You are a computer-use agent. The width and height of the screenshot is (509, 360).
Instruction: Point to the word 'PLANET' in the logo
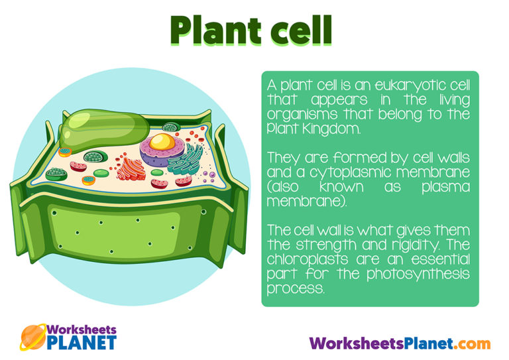click(x=82, y=343)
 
